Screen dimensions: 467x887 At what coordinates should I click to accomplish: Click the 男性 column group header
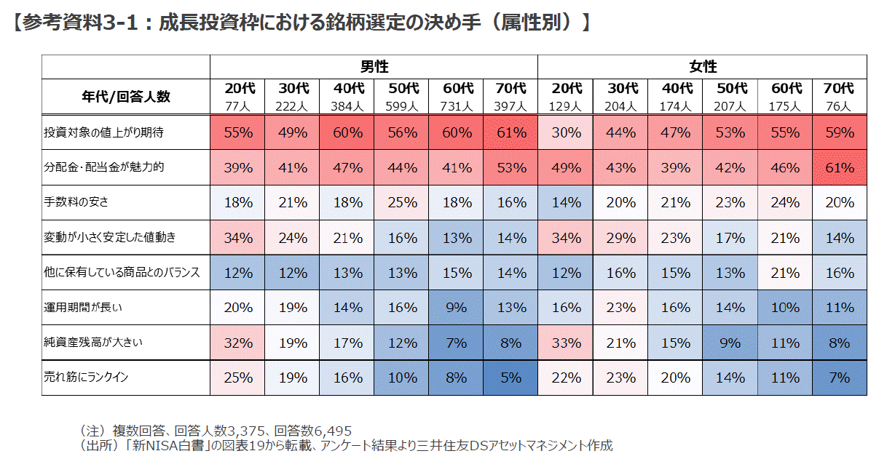374,67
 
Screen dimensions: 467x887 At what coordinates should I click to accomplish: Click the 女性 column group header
703,67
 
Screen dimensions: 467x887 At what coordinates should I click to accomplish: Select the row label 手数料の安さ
76,202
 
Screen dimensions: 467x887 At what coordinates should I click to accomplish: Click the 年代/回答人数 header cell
126,97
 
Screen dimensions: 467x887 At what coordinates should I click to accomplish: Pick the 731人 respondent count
457,106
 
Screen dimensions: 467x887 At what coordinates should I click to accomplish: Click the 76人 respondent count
839,106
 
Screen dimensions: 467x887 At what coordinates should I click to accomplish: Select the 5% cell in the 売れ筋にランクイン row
511,378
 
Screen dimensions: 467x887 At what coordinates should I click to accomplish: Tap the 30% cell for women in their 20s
566,133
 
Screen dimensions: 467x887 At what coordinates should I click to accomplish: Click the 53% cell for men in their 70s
511,167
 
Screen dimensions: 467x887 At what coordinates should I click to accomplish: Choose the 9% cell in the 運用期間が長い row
457,308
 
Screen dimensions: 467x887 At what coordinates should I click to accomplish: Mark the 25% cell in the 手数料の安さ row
402,202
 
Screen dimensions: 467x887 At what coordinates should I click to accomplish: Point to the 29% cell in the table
620,237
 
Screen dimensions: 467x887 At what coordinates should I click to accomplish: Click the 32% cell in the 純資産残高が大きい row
238,343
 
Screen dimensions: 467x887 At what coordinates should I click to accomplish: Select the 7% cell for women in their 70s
839,378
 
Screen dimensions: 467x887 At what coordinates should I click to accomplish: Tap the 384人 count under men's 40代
348,106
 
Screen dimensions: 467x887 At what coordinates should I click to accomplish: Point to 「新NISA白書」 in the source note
163,444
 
